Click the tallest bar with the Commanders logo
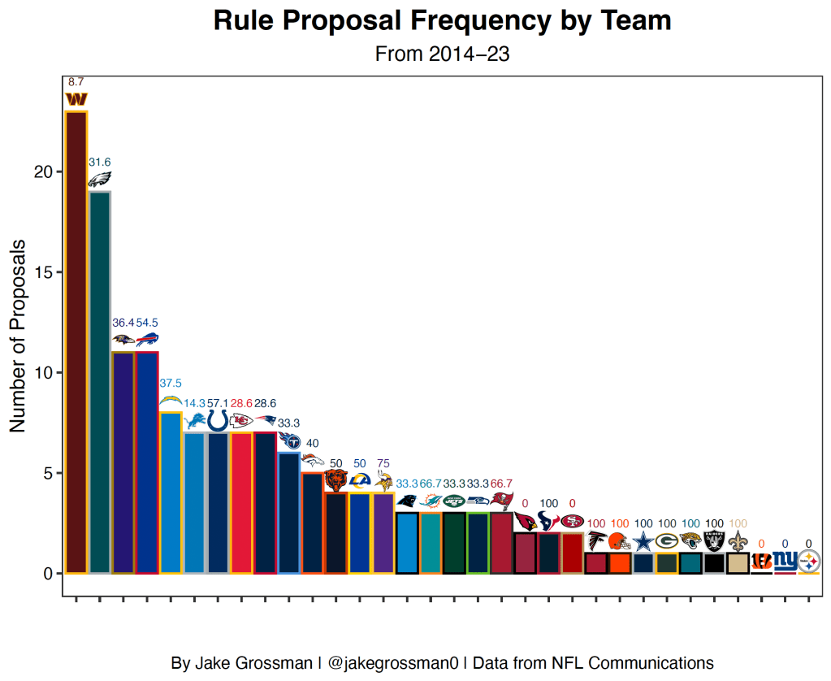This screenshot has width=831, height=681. point(76,341)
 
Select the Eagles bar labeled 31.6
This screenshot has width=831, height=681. point(100,382)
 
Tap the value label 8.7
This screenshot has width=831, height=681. point(76,82)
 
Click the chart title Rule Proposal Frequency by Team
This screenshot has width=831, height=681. point(442,21)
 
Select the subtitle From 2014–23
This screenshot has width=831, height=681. point(442,54)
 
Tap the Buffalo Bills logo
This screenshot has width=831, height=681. point(147,339)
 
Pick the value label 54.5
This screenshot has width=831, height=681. point(147,323)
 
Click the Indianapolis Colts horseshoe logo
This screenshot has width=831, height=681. point(218,420)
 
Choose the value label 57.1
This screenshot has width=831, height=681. point(219,403)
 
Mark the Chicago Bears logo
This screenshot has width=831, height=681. point(335,480)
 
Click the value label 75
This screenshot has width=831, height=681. point(383,463)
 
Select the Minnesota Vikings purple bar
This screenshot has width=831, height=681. point(383,532)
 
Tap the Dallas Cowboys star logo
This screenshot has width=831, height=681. point(643,541)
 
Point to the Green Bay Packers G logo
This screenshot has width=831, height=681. point(667,541)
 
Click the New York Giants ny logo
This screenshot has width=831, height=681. point(785,560)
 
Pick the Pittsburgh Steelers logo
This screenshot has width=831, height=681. point(809,561)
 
